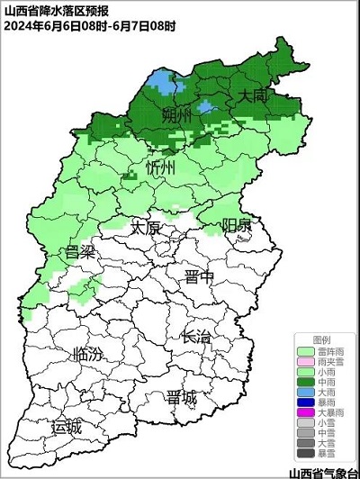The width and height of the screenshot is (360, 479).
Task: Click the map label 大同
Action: pyautogui.click(x=252, y=95)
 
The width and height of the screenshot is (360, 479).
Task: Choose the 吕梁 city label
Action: pyautogui.click(x=80, y=251)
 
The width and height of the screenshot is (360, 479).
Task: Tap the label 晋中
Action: pyautogui.click(x=199, y=276)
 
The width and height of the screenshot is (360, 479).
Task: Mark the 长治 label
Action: pyautogui.click(x=196, y=338)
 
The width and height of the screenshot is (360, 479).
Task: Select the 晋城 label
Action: pyautogui.click(x=181, y=397)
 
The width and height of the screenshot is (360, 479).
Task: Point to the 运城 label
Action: pyautogui.click(x=66, y=426)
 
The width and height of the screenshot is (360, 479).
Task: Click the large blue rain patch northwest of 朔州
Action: pyautogui.click(x=162, y=83)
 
